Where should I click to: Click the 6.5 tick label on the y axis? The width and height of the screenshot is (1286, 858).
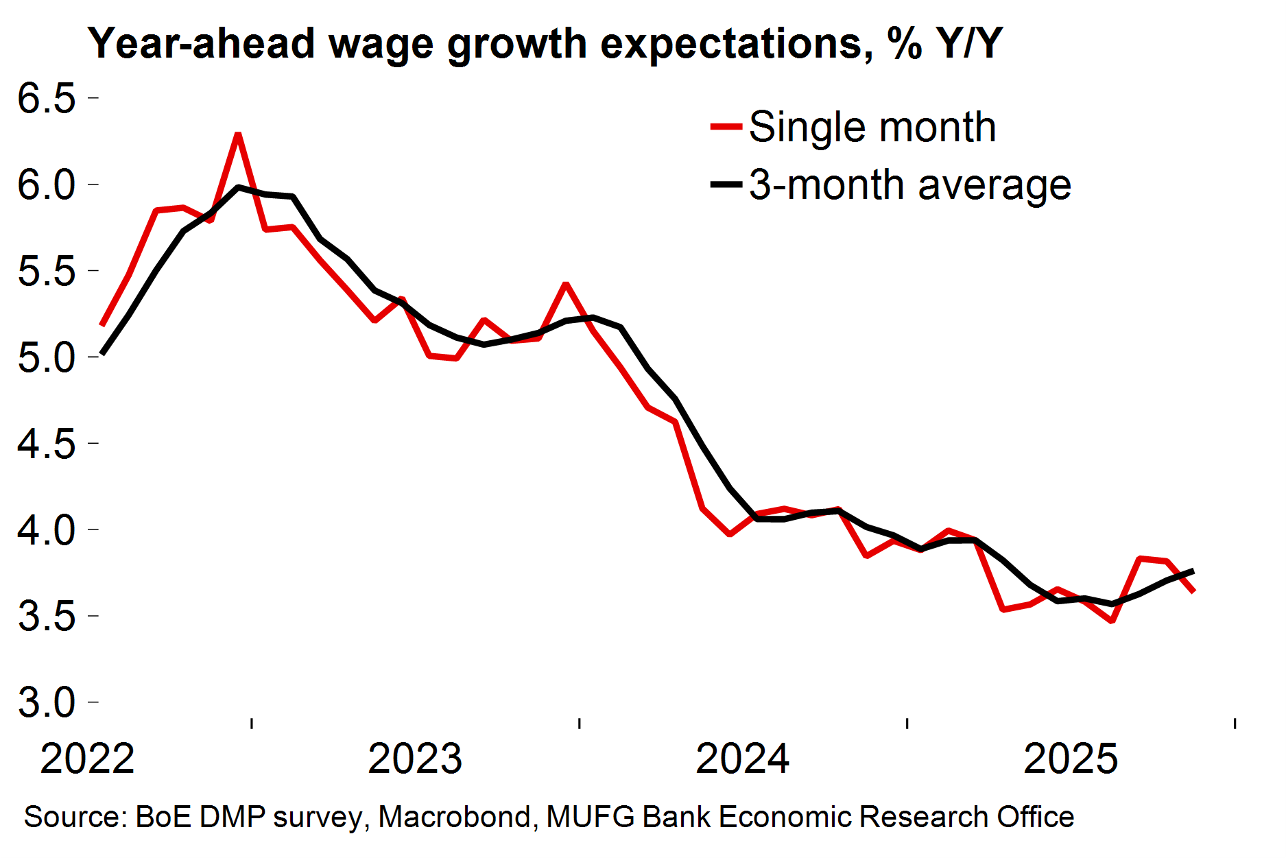click(46, 98)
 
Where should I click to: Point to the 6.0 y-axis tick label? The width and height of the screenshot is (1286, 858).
click(46, 185)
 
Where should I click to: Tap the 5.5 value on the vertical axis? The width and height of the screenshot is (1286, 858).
click(46, 272)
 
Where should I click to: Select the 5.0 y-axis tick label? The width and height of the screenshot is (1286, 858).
click(46, 358)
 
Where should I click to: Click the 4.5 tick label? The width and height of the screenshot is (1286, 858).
click(46, 444)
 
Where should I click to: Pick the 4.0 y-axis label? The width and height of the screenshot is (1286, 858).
click(46, 530)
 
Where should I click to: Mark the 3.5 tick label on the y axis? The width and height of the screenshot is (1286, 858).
click(46, 617)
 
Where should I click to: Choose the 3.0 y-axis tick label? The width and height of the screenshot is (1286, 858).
click(46, 703)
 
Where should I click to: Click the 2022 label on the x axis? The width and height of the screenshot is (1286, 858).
click(87, 759)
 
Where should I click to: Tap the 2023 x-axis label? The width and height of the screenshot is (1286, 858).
click(415, 759)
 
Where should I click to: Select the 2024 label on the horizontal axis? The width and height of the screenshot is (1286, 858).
click(742, 759)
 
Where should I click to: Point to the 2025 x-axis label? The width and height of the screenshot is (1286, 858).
click(1070, 759)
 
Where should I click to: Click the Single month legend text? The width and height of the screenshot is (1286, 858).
click(872, 127)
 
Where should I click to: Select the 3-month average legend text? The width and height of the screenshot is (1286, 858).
click(909, 185)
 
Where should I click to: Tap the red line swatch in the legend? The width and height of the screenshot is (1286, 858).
click(726, 127)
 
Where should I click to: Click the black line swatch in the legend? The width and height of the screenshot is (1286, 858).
click(726, 184)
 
